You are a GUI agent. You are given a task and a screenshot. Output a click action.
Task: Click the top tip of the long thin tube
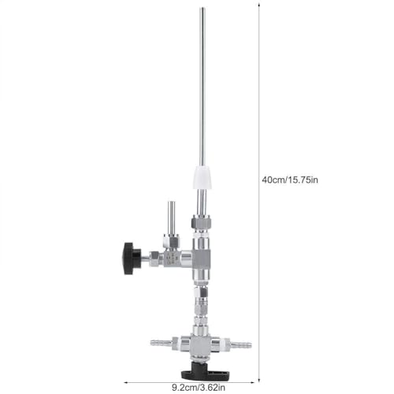point(202,10)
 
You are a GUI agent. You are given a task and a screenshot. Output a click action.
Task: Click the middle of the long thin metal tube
point(202,87)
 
